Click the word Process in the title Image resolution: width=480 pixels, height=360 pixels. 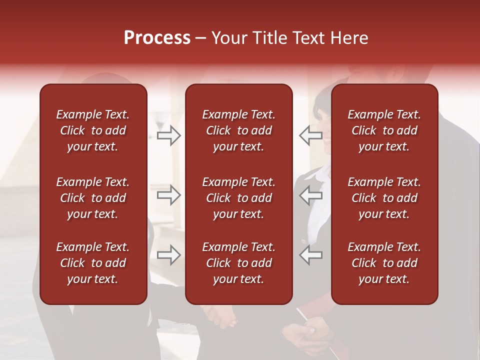(x=157, y=38)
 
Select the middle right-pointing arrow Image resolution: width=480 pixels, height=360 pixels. (x=169, y=195)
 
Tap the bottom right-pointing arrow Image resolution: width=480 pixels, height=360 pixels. (x=169, y=255)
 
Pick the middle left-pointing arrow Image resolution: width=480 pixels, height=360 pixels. (x=310, y=195)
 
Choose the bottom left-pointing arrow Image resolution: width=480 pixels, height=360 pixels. (x=310, y=255)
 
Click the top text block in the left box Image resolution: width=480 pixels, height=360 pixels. (x=93, y=130)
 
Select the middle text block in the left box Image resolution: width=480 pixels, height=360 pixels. (x=93, y=198)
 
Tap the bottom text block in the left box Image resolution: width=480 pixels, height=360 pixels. (x=93, y=263)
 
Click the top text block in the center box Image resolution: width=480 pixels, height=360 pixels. (x=238, y=130)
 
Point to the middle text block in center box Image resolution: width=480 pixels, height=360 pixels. (x=238, y=198)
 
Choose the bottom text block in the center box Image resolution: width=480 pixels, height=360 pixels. (x=238, y=263)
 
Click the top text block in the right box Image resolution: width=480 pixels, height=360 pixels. (x=384, y=130)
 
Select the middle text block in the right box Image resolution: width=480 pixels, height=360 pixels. (x=384, y=198)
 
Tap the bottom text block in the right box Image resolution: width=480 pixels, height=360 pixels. (x=384, y=263)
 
